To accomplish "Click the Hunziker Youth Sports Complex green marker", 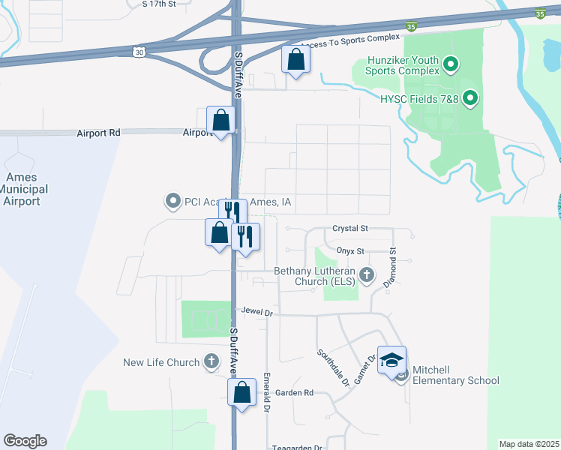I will click(450, 65).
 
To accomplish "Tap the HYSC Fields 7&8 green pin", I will click(470, 97).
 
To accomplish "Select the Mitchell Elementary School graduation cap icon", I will click(391, 360).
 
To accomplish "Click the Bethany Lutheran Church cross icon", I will click(367, 274).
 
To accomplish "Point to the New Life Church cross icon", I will click(211, 362).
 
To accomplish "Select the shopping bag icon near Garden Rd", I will click(241, 392).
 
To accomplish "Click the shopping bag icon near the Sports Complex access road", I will click(295, 58).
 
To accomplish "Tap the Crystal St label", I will click(351, 228).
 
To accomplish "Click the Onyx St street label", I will click(349, 251).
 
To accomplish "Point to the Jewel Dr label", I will click(255, 310).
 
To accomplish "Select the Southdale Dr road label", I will click(333, 367).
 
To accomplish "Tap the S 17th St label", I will click(158, 4).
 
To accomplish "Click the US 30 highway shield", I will click(136, 51).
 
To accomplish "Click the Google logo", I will click(25, 441).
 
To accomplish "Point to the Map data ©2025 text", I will click(529, 444).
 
